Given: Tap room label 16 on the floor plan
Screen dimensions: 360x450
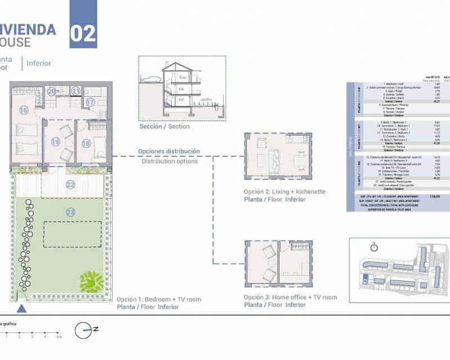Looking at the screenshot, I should coord(23,110).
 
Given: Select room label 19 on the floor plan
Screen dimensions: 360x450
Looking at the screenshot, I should coord(55,142).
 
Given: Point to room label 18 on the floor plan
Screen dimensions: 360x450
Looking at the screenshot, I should coord(85,143).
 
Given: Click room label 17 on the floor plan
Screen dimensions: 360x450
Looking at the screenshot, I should coord(91,102).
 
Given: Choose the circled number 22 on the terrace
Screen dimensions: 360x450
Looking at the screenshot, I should coord(70,184).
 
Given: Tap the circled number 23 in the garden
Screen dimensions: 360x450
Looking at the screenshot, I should coord(70,212).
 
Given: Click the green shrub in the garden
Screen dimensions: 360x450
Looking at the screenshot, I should coord(90,280).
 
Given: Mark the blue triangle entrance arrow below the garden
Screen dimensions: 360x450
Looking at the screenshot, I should coord(21,308).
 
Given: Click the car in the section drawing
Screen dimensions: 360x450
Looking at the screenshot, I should coord(151,79).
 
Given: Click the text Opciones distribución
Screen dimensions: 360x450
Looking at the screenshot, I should coord(169,152).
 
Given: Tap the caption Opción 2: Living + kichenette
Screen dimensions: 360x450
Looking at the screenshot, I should coord(285,192).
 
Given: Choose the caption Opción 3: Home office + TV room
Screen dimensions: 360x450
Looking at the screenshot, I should coord(290,297).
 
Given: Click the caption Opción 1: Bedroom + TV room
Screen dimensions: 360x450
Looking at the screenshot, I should coord(159,299).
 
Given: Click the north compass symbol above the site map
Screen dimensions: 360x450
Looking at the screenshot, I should coord(373,246).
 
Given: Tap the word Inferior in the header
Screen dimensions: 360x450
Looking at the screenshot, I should coord(39,64).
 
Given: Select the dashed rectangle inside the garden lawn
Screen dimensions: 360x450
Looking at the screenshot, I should coord(73,234).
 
